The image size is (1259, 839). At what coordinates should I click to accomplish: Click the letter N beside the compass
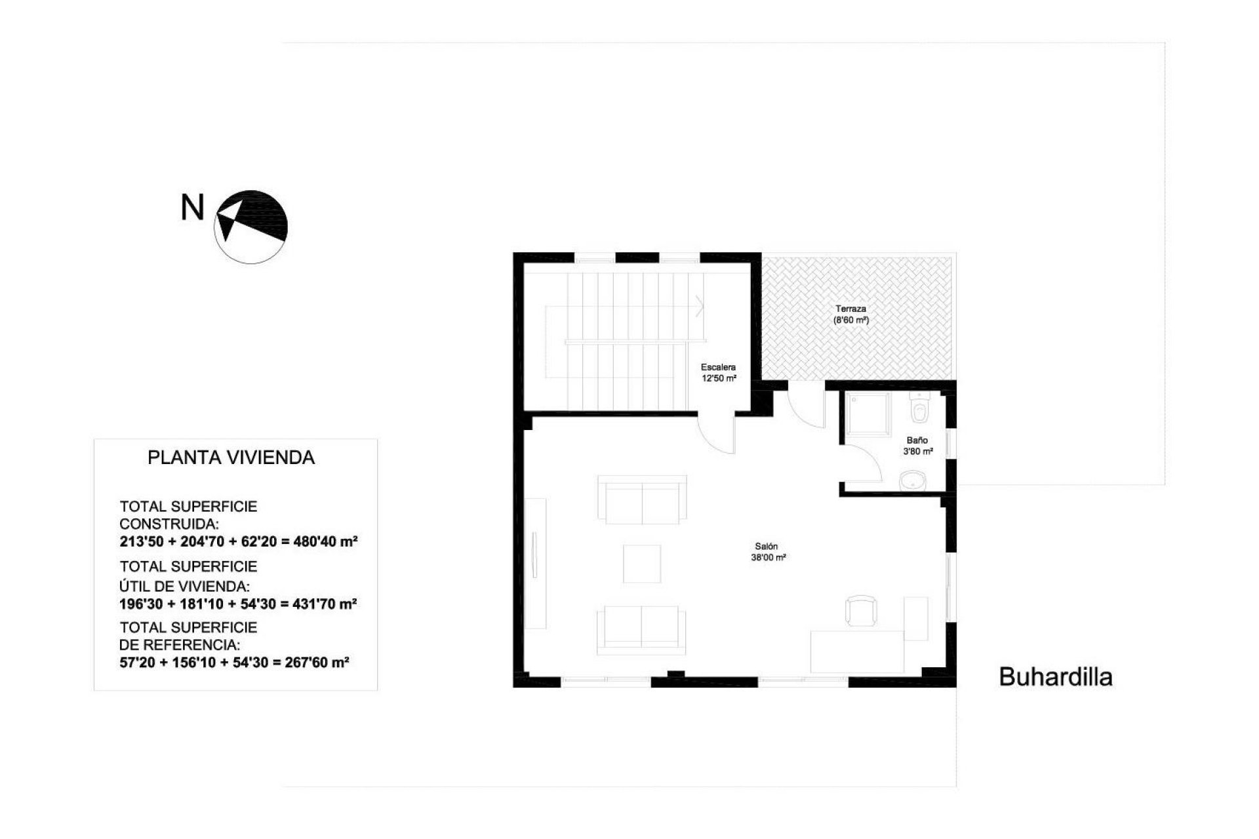(x=192, y=208)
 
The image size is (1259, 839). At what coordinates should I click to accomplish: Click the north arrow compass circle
(x=250, y=227)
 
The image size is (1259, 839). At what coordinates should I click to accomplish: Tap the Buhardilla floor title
(x=1055, y=677)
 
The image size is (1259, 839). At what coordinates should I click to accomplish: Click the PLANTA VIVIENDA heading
(x=231, y=458)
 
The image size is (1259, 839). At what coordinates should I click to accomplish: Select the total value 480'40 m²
(x=322, y=542)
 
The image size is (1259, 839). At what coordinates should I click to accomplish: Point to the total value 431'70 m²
(x=321, y=603)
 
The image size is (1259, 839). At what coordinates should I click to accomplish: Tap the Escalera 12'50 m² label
(x=719, y=373)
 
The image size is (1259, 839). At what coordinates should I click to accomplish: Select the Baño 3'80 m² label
(x=917, y=446)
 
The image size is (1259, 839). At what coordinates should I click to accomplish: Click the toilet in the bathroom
(x=919, y=410)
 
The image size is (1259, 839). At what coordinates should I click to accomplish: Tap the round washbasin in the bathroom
(x=911, y=482)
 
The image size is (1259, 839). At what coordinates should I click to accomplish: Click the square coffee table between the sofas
(x=642, y=563)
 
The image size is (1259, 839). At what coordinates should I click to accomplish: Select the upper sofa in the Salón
(x=643, y=500)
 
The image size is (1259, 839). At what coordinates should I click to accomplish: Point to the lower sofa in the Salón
(x=641, y=630)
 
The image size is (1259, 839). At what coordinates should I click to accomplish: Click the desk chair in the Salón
(x=860, y=611)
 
